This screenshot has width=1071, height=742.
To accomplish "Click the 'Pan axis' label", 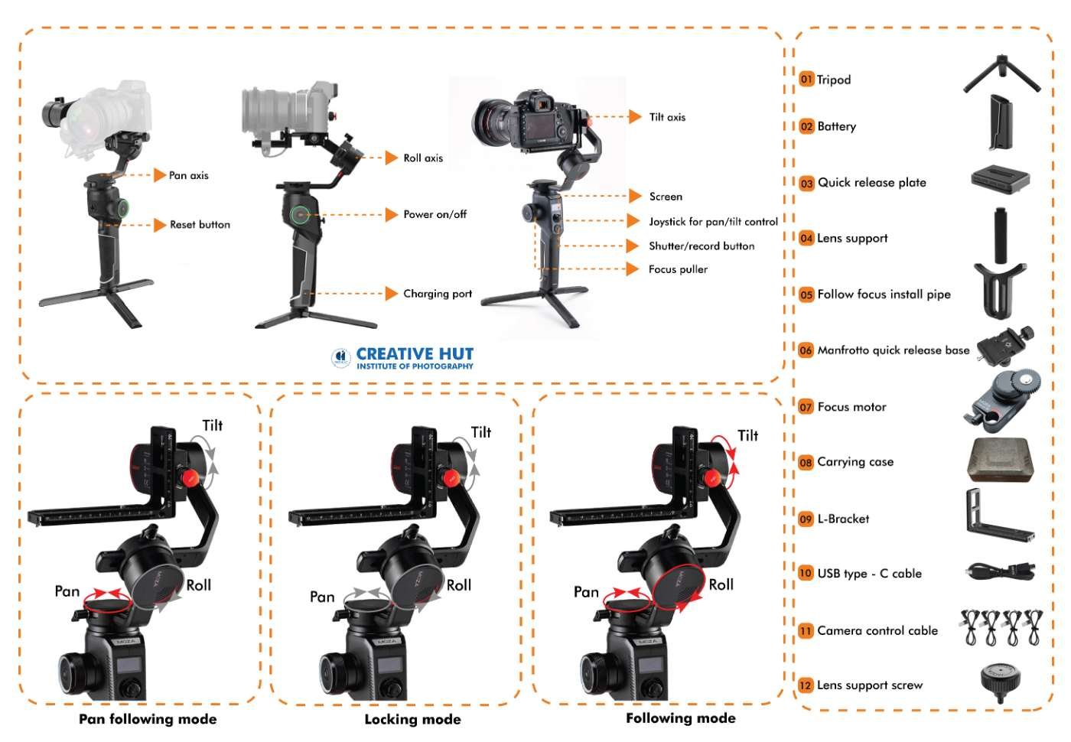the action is tap(188, 175).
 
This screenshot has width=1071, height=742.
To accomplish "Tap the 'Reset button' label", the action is tap(200, 225).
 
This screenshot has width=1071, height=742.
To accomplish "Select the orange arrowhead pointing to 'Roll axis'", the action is tap(391, 158).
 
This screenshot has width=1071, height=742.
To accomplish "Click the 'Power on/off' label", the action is tap(435, 214).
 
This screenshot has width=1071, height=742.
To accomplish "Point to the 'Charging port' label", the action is tap(438, 294).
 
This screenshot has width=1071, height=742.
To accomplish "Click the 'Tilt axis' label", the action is tap(667, 117).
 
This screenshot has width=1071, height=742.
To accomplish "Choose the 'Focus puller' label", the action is tap(678, 269).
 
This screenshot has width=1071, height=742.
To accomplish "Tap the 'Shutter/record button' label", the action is tap(702, 246).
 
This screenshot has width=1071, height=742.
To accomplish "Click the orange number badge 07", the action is tap(806, 407).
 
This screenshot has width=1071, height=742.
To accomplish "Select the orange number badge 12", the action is tap(806, 685).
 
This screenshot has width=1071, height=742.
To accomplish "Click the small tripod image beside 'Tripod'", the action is tap(1001, 73).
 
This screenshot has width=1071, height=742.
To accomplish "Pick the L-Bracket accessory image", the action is tap(1000, 516).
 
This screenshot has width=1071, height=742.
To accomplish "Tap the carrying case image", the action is tap(1000, 460).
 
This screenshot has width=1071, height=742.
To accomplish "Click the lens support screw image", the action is tap(1001, 682).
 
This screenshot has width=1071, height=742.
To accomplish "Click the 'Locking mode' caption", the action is tap(412, 720).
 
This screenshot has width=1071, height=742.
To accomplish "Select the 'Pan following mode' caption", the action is tap(148, 719).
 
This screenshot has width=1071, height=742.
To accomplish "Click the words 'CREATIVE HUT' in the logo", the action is tap(415, 353).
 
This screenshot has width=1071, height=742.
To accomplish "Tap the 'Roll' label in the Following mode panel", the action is tap(721, 584).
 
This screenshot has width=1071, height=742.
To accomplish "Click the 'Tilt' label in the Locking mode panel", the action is tap(481, 432).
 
